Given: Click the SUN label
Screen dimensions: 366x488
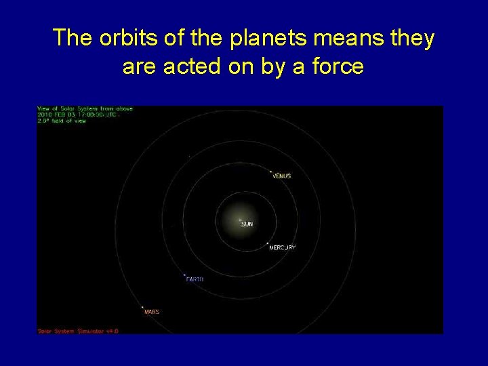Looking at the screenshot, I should (x=247, y=224).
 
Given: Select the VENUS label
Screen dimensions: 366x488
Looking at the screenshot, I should (x=281, y=176).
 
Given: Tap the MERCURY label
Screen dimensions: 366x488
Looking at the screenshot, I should (x=282, y=248).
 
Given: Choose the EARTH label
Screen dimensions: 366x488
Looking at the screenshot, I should (x=195, y=279).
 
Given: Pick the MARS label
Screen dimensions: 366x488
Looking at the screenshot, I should (x=152, y=312).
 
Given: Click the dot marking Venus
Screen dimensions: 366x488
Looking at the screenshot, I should (x=270, y=171).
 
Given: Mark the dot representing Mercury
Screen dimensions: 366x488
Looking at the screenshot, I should (x=267, y=243).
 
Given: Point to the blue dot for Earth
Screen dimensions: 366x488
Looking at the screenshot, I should (x=184, y=274).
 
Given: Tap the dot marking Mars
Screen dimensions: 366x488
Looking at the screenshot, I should (x=142, y=307).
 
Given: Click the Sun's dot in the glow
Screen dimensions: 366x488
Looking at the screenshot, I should (x=239, y=220).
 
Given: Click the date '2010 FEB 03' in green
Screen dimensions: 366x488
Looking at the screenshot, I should (x=51, y=115).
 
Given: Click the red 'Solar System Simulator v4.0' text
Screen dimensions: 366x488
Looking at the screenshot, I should (x=77, y=331).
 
